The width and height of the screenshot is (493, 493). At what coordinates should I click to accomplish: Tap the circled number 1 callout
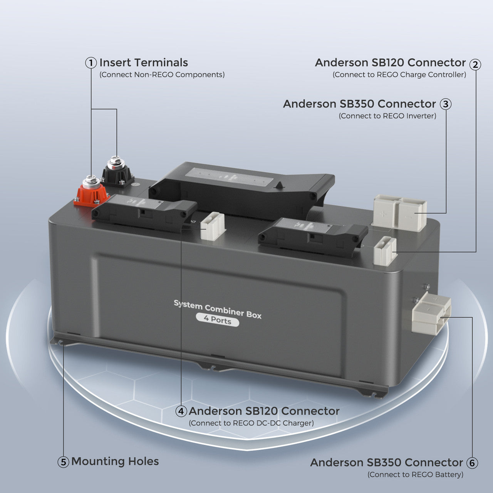tap(91, 63)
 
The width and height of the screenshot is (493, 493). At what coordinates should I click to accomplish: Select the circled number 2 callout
tap(476, 65)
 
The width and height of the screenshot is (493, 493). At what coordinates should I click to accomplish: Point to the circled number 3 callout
tap(446, 104)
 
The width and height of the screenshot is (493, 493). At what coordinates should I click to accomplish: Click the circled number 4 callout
tap(181, 411)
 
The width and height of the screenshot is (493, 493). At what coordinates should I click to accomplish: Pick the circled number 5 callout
tap(64, 462)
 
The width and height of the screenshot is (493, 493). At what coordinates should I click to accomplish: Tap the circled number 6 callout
tap(472, 463)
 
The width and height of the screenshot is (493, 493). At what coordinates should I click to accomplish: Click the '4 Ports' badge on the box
tap(217, 320)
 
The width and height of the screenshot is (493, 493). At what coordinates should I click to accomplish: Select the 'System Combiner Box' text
tap(218, 309)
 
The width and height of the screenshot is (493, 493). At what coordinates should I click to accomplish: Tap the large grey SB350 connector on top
tap(399, 212)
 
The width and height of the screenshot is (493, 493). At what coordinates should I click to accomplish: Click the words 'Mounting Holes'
tap(115, 461)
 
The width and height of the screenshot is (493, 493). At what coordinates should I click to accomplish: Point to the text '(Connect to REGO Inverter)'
tap(387, 116)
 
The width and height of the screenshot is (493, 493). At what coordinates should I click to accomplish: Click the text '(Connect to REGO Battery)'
tap(415, 475)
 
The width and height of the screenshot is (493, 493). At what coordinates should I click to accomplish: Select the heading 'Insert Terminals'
tap(144, 63)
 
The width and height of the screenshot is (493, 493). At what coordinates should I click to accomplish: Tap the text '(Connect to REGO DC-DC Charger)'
tap(251, 423)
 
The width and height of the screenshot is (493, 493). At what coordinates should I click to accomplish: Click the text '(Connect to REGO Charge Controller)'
tap(399, 75)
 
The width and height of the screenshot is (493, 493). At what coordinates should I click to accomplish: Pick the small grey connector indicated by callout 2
tap(385, 251)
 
